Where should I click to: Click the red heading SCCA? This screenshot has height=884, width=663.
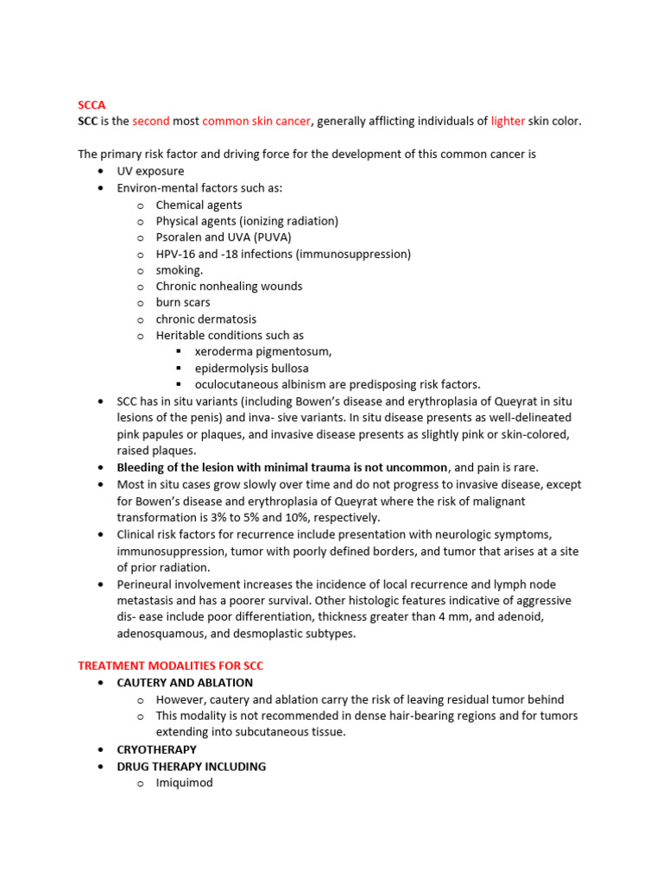coord(92,105)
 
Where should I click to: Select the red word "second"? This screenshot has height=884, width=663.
coord(151,122)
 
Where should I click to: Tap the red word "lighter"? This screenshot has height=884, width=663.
coord(508,122)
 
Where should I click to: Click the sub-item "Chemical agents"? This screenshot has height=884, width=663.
coord(199,205)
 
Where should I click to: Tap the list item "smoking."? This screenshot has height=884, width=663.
coord(180,270)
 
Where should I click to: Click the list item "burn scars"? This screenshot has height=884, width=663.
coord(183,303)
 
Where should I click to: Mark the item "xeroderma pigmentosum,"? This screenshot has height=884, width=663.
coord(263,352)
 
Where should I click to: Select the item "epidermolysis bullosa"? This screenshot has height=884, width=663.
coord(251,369)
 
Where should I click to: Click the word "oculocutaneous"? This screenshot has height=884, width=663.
coord(236,385)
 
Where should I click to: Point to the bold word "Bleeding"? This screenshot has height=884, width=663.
coord(142,467)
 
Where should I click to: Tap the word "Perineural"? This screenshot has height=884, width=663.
coord(145,584)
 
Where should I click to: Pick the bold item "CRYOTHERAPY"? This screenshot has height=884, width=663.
coord(156,749)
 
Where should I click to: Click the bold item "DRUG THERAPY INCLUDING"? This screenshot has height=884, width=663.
coord(191,767)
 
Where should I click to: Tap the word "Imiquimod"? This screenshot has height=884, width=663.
coord(184,783)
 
